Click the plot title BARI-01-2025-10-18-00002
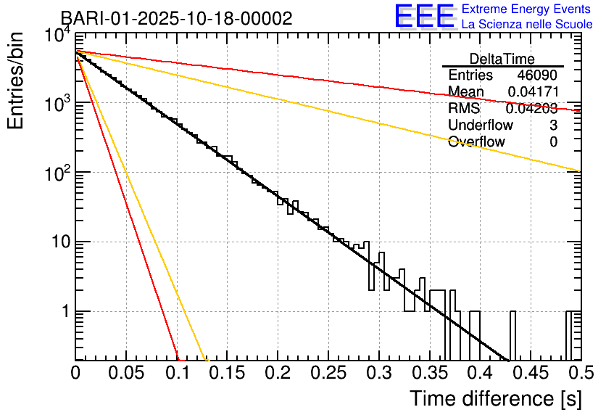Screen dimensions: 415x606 [176, 18]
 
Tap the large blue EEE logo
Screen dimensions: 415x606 [424, 17]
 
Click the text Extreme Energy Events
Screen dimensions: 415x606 [527, 9]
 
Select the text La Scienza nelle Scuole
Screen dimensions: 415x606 [527, 25]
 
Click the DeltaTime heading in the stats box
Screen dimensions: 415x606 [502, 59]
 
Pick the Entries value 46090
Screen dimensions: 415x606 [537, 75]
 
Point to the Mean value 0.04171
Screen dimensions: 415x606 [532, 92]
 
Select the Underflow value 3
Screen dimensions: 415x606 [553, 126]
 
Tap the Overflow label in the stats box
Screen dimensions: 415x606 [476, 142]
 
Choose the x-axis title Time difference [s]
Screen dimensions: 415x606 [494, 398]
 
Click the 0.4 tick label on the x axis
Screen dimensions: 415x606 [479, 373]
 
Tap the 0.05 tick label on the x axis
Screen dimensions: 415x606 [126, 373]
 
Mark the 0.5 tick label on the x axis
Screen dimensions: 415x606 [579, 373]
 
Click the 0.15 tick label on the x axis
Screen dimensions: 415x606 [227, 373]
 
